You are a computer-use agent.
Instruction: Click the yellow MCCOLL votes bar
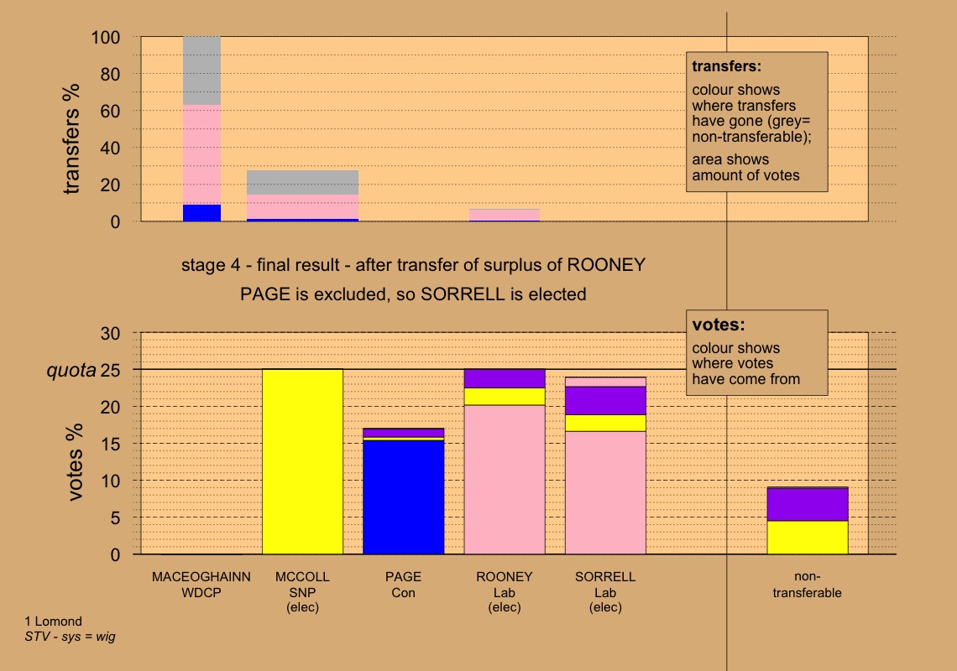pos(302,461)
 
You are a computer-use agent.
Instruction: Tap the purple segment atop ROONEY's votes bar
pos(505,378)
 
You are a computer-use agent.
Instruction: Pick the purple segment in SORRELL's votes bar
pos(605,400)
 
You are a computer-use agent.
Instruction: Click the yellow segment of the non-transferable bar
pos(808,537)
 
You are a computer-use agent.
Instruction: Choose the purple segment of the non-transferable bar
pos(808,504)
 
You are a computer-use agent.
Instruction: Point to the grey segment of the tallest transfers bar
pos(201,70)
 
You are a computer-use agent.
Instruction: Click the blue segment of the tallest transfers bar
pos(201,213)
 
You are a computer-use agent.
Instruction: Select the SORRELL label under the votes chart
pos(605,577)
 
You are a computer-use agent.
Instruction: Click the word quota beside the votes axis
pos(71,370)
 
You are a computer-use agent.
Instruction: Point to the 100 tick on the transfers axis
pos(107,38)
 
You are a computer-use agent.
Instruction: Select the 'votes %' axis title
pos(76,462)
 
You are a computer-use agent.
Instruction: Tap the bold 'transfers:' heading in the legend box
pos(726,65)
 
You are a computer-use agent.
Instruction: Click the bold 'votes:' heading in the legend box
pos(718,324)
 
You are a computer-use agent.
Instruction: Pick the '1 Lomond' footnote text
pos(54,622)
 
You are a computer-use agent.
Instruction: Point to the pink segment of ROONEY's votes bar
pos(505,478)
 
